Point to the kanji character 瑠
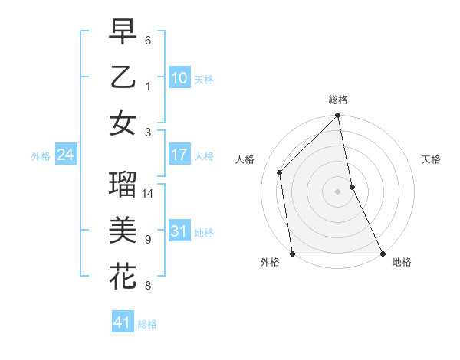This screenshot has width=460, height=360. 123,185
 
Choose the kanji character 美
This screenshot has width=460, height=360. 123,231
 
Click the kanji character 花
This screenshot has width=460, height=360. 123,277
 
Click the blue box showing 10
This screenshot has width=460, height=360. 179,77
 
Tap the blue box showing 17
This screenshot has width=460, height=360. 179,155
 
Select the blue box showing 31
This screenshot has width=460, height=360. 179,231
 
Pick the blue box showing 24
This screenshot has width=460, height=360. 66,155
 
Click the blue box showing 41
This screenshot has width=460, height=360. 123,322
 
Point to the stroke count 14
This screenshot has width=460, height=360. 149,193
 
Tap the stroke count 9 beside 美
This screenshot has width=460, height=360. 148,240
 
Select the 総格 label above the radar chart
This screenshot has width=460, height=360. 338,100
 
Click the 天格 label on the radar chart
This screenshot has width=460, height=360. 431,159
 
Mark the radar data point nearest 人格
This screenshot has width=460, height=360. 280,172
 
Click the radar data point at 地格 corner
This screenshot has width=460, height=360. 382,254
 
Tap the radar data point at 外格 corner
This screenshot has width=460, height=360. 293,254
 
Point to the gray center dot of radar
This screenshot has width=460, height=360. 337,191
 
